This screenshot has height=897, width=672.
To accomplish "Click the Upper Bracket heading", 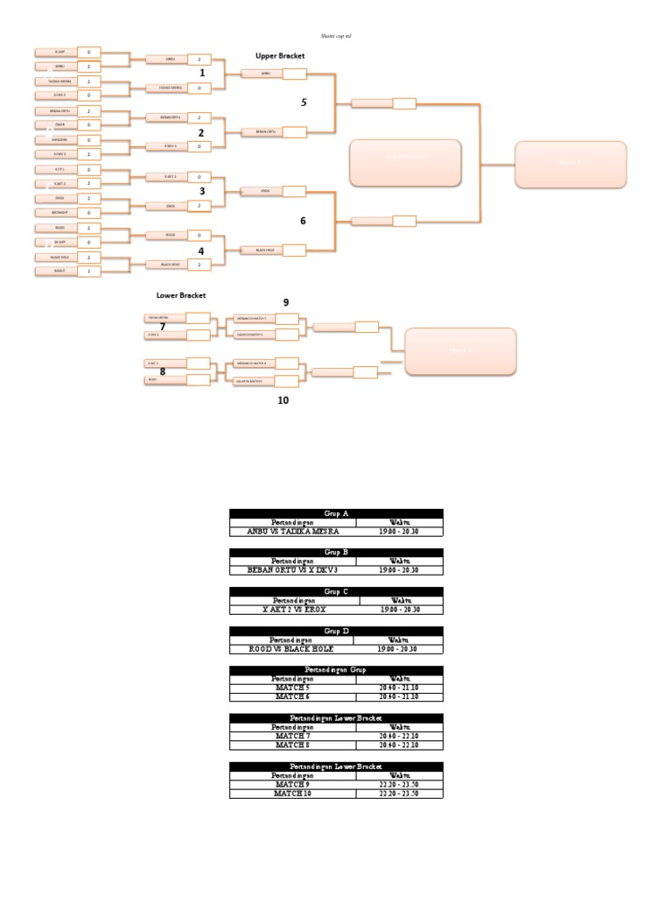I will click(x=280, y=55).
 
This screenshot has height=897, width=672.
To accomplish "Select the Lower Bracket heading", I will click(x=181, y=295).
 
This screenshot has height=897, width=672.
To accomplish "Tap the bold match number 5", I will click(x=304, y=102).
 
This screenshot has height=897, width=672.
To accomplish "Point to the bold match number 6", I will click(x=303, y=221).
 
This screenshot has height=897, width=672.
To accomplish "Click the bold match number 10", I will click(x=283, y=400).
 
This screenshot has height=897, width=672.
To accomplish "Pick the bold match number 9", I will click(x=285, y=302).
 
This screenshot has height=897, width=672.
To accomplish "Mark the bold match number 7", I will click(x=162, y=327).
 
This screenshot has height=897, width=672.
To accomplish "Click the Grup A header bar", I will click(x=336, y=514).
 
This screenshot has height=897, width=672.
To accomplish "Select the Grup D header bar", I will click(x=336, y=632).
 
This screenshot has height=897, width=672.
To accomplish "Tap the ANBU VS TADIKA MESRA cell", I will click(x=292, y=531).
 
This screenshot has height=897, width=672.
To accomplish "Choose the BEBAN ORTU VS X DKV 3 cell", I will click(x=292, y=570).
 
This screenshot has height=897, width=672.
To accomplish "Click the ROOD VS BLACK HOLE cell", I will click(x=292, y=649).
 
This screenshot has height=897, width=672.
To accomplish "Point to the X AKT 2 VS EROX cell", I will click(x=292, y=610).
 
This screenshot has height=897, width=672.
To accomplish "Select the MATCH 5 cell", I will click(x=292, y=689).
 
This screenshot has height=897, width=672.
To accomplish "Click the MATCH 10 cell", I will click(x=292, y=794).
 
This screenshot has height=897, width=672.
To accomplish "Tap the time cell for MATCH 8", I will click(x=400, y=745).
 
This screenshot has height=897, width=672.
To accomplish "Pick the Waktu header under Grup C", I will click(x=400, y=601).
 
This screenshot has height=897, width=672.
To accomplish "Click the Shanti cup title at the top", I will click(x=336, y=37).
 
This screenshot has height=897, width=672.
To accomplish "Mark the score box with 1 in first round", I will click(x=89, y=272).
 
